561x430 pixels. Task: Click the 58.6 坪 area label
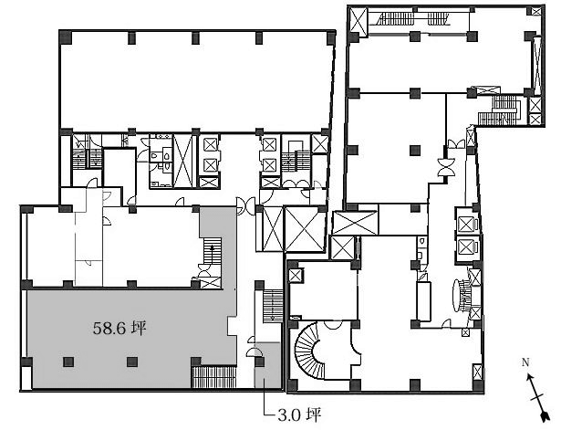119,328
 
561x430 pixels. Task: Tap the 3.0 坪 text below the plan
299,415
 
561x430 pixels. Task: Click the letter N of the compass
525,362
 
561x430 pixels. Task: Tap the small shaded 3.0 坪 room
267,364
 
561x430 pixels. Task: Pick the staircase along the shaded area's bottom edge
214,377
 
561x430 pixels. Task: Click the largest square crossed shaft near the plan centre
304,229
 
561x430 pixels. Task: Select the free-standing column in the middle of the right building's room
414,150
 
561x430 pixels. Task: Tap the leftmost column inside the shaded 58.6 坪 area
68,362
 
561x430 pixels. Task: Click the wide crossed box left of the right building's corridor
355,223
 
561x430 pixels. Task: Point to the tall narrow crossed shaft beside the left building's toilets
182,161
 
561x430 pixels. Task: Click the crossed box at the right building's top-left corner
358,21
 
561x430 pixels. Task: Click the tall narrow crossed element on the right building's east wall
537,65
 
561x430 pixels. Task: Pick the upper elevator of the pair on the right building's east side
466,225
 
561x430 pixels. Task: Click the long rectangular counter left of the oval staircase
423,301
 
